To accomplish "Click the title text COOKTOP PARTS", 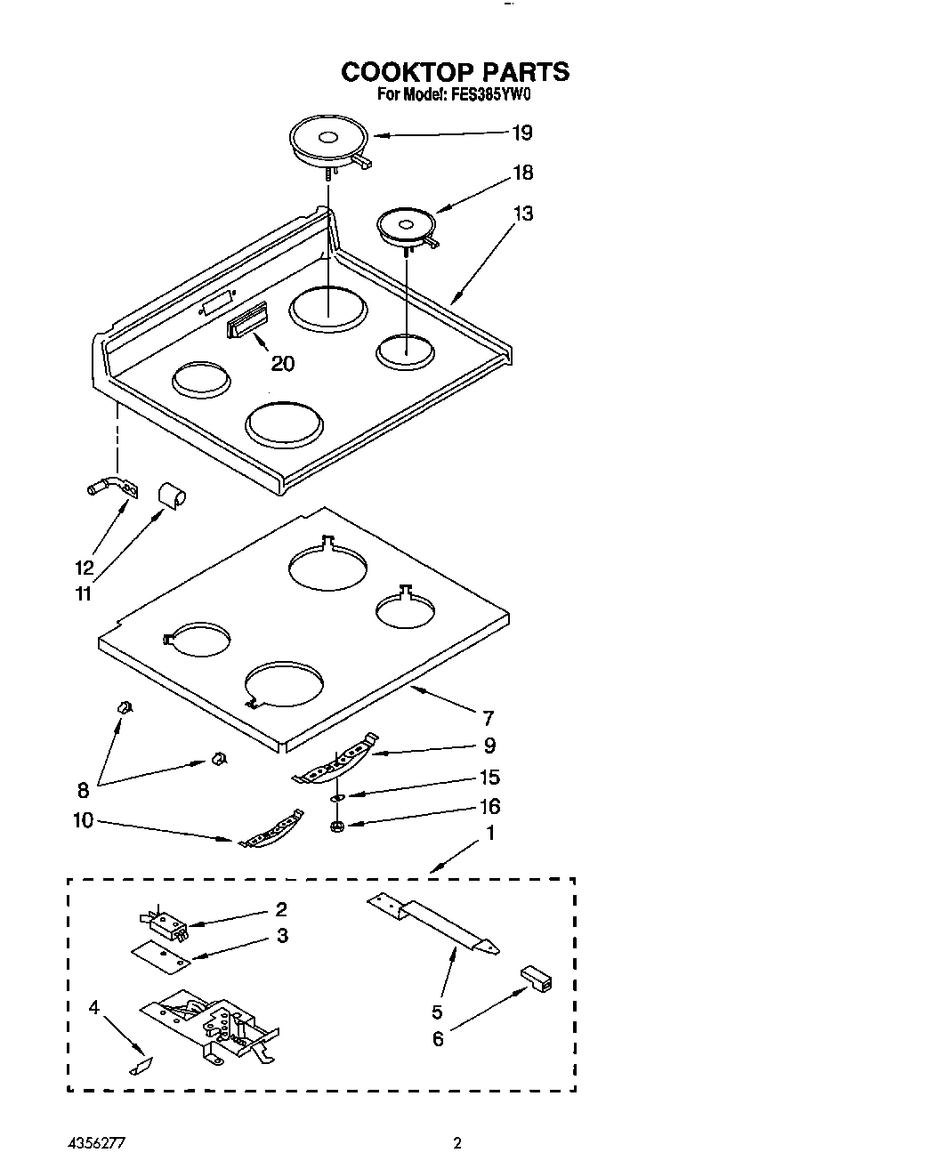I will (x=455, y=72).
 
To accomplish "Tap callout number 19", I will (x=521, y=133).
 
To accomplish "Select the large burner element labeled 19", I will (x=327, y=142).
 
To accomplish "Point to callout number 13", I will (x=523, y=214).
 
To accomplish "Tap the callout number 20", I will (x=282, y=363).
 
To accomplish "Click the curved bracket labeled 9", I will (x=335, y=762).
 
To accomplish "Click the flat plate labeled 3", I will (x=161, y=955).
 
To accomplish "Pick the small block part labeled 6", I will (x=536, y=977).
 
